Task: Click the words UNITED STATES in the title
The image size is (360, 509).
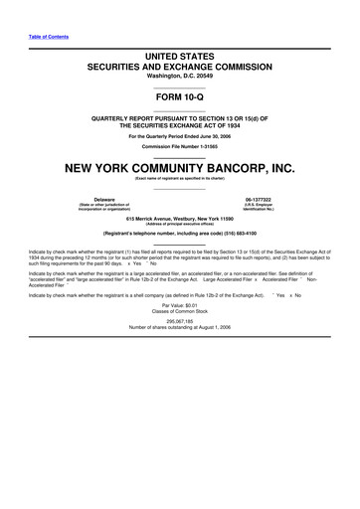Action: tap(180, 50)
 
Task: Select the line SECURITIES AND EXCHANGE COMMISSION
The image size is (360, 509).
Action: tap(180, 63)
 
